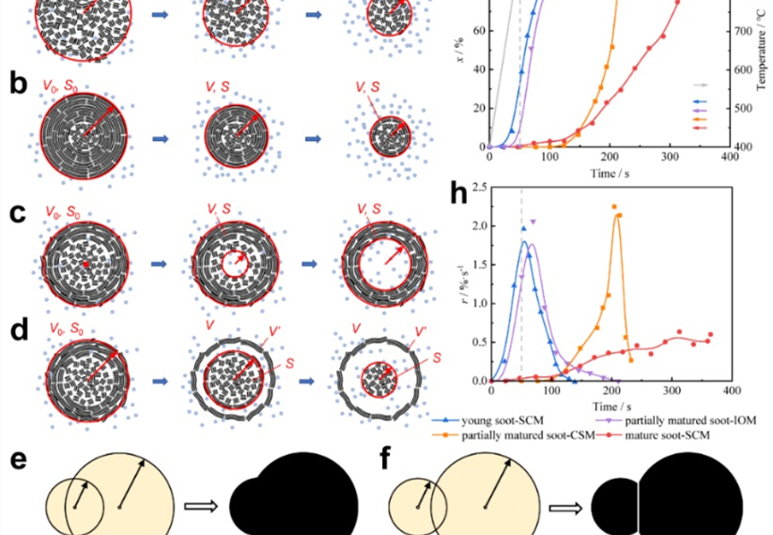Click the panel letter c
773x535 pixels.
click(16, 212)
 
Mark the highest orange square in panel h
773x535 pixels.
click(614, 206)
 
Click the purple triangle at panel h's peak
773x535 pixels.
click(533, 222)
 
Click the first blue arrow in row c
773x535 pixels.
click(161, 265)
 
